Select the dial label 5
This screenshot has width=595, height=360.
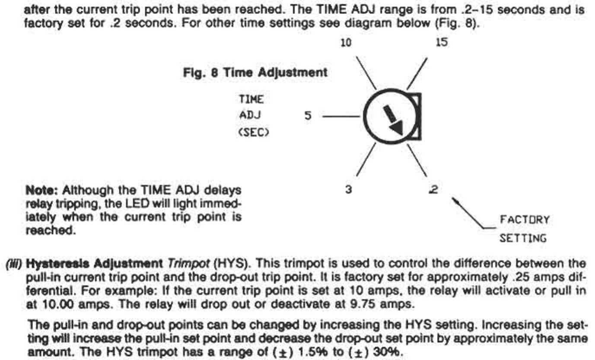308,116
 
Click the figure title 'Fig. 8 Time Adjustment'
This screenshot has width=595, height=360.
256,73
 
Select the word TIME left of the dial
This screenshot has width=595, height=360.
252,99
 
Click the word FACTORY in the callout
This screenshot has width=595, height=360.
525,220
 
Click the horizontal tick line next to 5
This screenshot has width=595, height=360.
341,116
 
